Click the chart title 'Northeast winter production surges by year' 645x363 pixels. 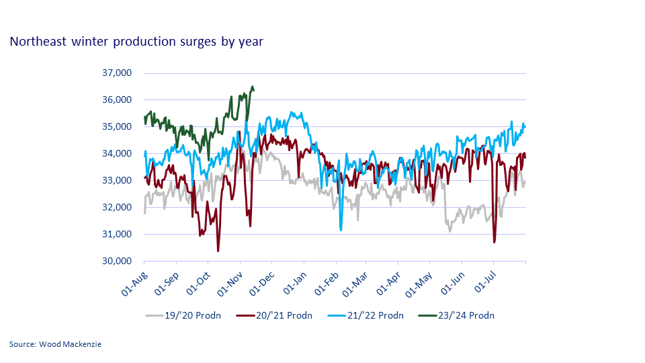[136, 42]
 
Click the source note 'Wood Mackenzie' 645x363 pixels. [56, 344]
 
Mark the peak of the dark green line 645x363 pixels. [252, 86]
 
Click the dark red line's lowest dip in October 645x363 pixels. [218, 251]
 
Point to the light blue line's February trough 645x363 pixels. [341, 231]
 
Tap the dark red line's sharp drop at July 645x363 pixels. [494, 242]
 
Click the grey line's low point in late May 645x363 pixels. [449, 231]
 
